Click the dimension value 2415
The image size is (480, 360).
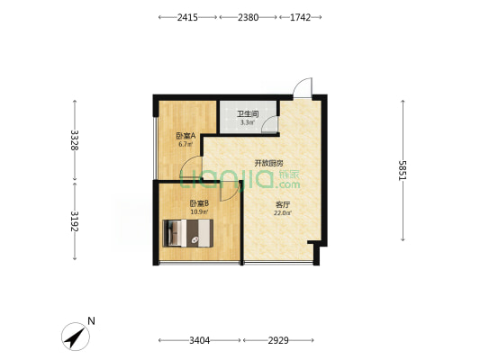(187, 17)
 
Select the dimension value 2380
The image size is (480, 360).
(248, 17)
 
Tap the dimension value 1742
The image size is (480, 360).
(300, 17)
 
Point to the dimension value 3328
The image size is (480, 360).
(75, 140)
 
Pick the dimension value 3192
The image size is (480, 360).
(75, 221)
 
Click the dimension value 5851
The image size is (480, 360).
(403, 170)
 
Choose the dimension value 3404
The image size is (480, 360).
(200, 340)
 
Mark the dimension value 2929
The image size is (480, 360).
(278, 340)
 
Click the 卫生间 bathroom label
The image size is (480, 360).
(248, 114)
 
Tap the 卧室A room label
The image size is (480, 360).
(186, 136)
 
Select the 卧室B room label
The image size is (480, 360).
(199, 203)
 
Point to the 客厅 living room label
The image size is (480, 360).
(283, 204)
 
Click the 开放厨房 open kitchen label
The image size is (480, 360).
(268, 163)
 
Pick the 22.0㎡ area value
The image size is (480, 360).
(283, 213)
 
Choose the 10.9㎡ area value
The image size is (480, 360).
(199, 211)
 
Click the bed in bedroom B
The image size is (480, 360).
(187, 233)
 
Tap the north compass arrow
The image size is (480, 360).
(76, 337)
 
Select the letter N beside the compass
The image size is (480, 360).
(91, 321)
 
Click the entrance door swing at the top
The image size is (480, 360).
(303, 88)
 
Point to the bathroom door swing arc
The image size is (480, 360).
(270, 124)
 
